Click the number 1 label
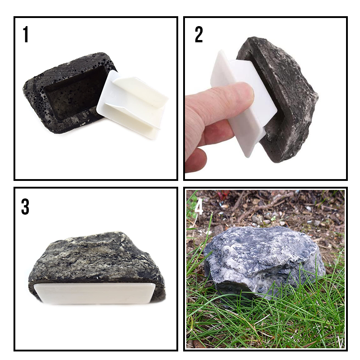[x=26, y=36]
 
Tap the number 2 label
[x=198, y=35]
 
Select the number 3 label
[x=25, y=207]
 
